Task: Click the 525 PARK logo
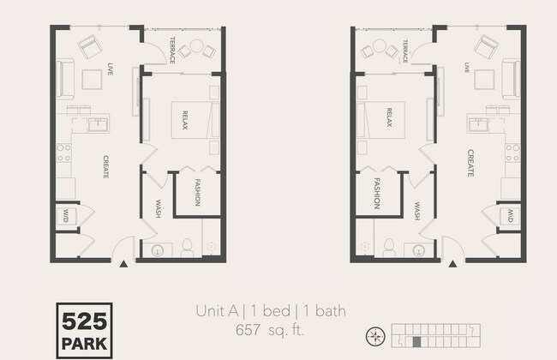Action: tap(83, 329)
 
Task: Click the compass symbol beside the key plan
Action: tap(374, 335)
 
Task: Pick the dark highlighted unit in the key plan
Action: tap(416, 341)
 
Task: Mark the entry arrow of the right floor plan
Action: tap(452, 264)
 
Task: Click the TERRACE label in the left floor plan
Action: tap(171, 50)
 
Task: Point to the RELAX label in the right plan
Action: tap(389, 117)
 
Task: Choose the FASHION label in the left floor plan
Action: tap(196, 194)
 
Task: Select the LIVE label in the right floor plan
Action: tap(467, 67)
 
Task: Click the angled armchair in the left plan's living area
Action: tap(89, 45)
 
